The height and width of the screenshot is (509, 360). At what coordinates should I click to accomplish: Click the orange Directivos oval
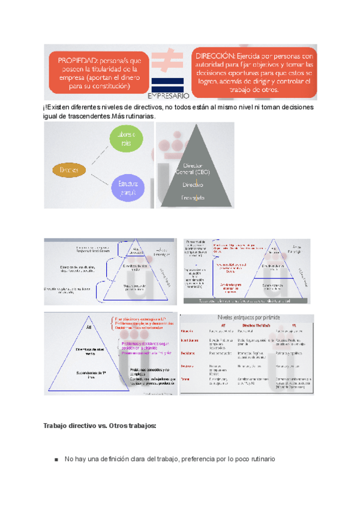pyautogui.click(x=70, y=170)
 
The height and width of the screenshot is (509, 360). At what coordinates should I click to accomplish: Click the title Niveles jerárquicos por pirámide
pyautogui.click(x=246, y=317)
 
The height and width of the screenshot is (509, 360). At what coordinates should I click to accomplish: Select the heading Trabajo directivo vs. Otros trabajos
pyautogui.click(x=100, y=426)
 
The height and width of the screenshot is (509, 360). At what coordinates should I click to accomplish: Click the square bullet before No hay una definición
pyautogui.click(x=56, y=460)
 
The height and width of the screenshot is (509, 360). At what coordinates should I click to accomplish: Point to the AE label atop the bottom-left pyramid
pyautogui.click(x=89, y=329)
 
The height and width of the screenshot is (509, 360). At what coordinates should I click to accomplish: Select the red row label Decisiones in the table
pyautogui.click(x=187, y=354)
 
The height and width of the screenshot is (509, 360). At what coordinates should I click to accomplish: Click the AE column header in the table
pyautogui.click(x=222, y=323)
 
